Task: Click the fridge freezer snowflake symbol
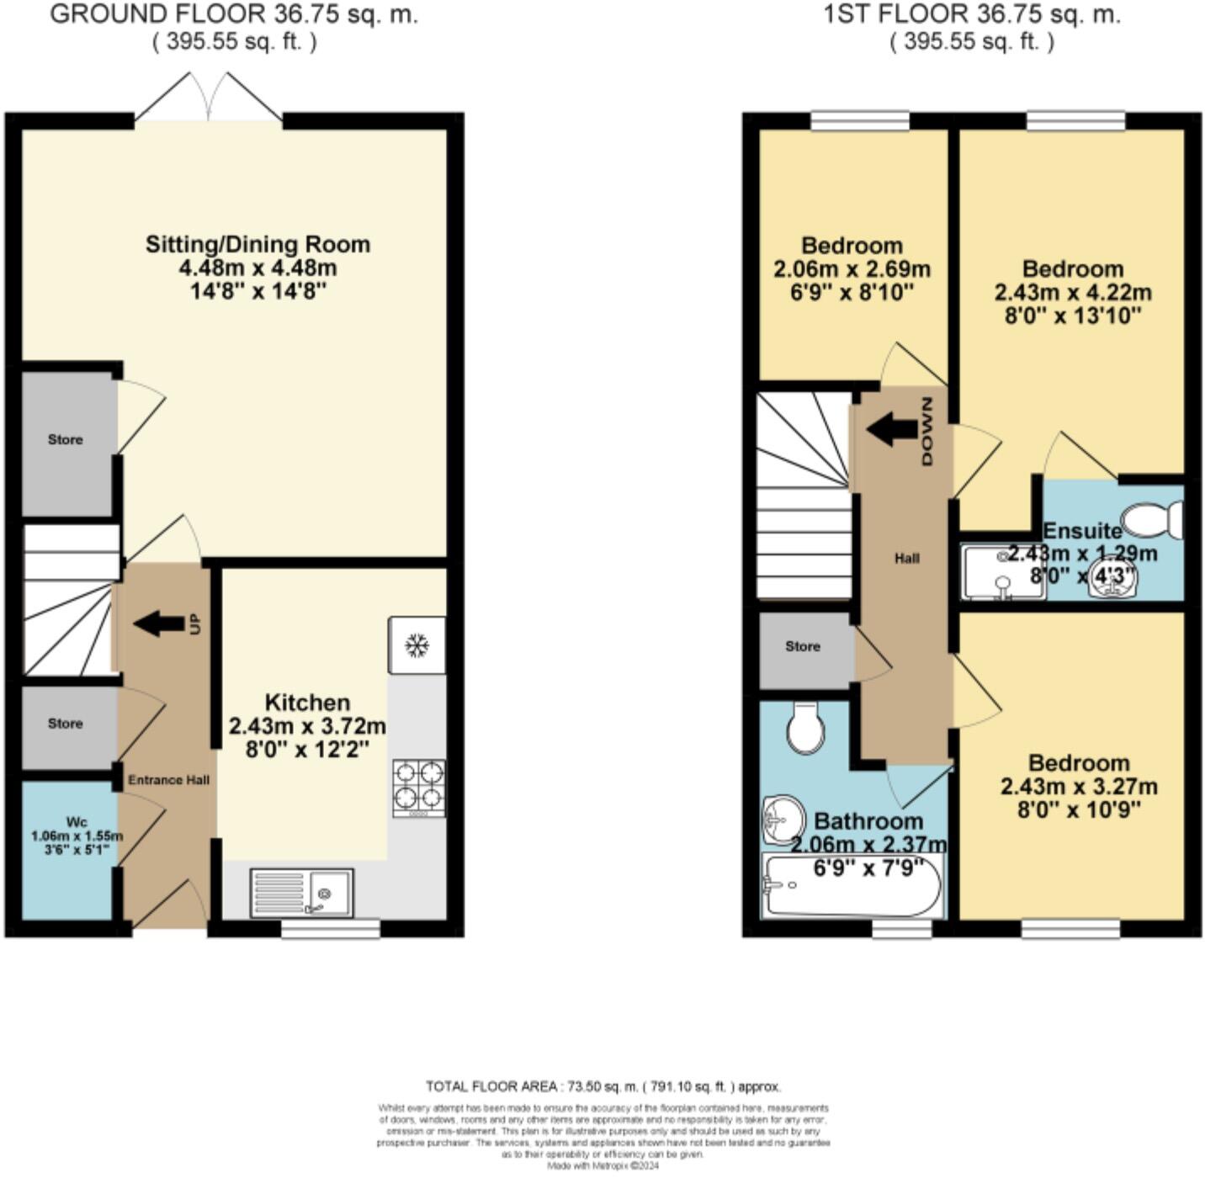click(x=417, y=645)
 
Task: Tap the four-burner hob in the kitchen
click(x=419, y=788)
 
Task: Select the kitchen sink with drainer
click(x=302, y=893)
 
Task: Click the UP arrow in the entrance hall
click(x=160, y=623)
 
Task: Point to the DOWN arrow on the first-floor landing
click(x=893, y=430)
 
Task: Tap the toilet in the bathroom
click(x=805, y=729)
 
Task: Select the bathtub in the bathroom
click(x=851, y=885)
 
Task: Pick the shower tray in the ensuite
click(x=1003, y=573)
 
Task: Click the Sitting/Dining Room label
click(x=257, y=244)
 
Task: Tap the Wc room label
click(x=77, y=821)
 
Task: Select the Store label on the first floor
click(x=802, y=646)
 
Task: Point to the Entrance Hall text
click(x=168, y=780)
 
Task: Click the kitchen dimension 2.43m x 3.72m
click(x=307, y=725)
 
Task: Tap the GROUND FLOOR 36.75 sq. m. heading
click(x=234, y=15)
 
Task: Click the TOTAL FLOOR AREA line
click(x=602, y=1086)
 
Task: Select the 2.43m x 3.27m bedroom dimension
click(x=1079, y=787)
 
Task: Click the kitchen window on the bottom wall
click(x=330, y=928)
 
